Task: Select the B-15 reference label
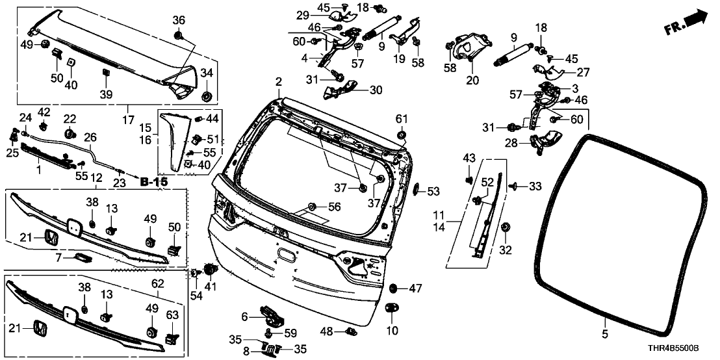pyautogui.click(x=153, y=182)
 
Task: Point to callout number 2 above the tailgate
pyautogui.click(x=278, y=83)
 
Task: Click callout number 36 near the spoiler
pyautogui.click(x=179, y=19)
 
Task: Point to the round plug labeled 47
pyautogui.click(x=394, y=287)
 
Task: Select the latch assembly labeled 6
pyautogui.click(x=274, y=316)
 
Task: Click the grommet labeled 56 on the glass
pyautogui.click(x=313, y=207)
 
